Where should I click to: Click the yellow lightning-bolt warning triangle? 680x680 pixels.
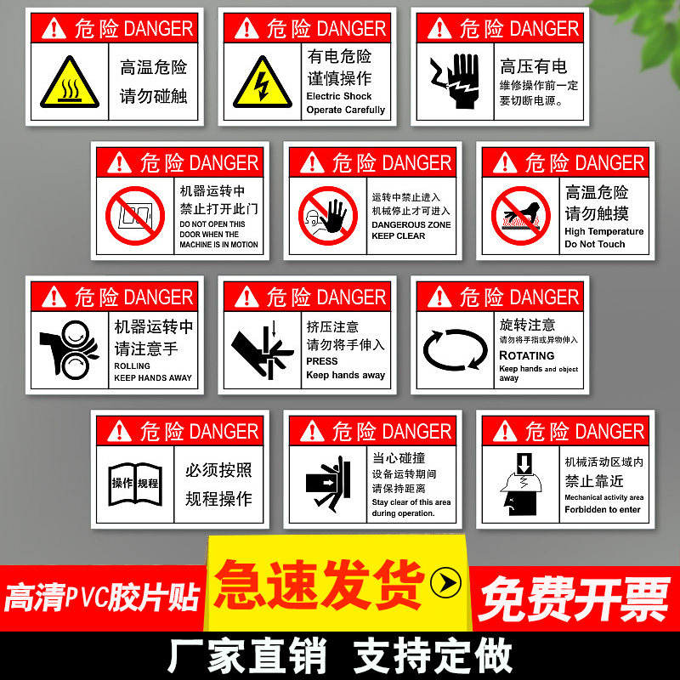[x=263, y=83]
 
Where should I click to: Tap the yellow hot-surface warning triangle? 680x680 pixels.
[x=70, y=83]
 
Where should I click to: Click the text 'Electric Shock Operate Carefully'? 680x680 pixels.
[x=345, y=103]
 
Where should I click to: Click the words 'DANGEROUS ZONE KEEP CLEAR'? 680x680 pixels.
[x=411, y=230]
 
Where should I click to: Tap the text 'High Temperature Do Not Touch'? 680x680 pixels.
[x=603, y=237]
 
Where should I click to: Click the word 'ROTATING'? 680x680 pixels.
[x=526, y=355]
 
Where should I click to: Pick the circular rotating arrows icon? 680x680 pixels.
[x=456, y=349]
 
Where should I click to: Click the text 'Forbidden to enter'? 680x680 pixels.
[x=602, y=510]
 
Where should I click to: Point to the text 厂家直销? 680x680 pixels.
[x=249, y=655]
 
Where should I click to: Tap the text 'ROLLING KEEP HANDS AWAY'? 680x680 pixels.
[x=153, y=371]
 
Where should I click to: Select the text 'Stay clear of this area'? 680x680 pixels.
[x=411, y=501]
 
